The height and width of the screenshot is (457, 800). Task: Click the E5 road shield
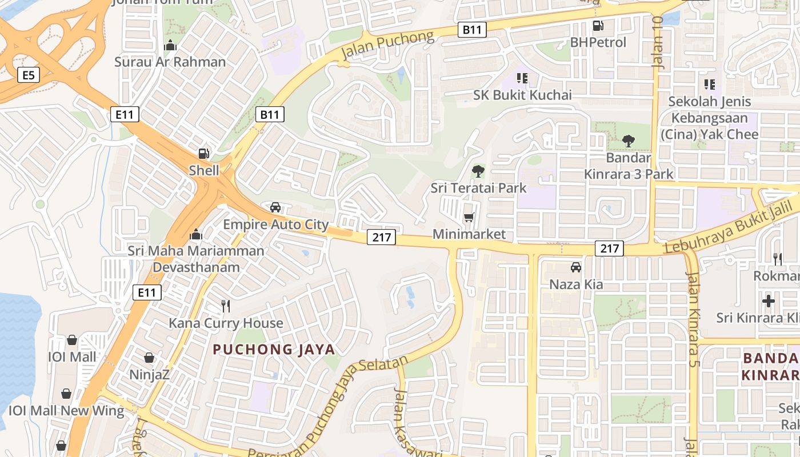[28, 75]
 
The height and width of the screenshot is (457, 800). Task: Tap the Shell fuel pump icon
[203, 153]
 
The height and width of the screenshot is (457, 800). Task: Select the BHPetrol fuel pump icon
[598, 25]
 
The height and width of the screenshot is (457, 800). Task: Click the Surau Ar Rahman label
[170, 62]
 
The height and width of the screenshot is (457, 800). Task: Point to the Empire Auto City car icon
[275, 207]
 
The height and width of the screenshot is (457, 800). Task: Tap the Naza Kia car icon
[575, 267]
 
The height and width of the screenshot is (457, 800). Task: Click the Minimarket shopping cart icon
[469, 217]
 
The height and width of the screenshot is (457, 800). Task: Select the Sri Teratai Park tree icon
[478, 171]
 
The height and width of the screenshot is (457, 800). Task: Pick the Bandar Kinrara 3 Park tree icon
[629, 141]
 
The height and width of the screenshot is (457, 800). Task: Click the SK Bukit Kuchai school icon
[522, 78]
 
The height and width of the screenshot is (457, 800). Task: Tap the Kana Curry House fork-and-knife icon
[226, 306]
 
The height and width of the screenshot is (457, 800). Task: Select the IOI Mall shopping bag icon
[72, 340]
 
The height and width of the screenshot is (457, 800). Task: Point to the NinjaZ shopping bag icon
[149, 358]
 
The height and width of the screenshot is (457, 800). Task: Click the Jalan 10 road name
[658, 43]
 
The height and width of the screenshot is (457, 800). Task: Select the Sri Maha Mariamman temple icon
[196, 234]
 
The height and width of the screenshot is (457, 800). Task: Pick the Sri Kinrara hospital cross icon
[769, 300]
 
